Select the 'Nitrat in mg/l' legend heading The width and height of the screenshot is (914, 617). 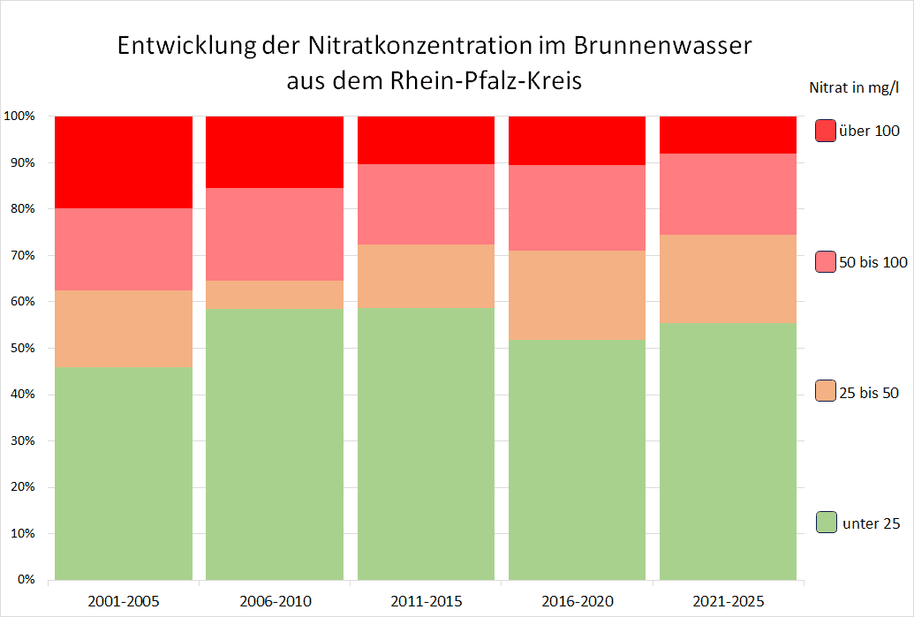854,87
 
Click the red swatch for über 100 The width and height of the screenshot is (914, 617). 826,131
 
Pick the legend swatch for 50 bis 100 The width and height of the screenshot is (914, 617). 826,262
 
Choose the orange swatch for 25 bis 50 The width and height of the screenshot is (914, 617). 826,392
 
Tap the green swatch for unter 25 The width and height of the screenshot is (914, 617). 826,523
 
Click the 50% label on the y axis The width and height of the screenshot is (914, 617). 21,349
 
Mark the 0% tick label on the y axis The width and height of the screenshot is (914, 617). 25,580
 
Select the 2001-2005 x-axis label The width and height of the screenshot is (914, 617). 123,602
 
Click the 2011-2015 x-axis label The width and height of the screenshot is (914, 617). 426,602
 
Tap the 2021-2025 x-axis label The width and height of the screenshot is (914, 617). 729,602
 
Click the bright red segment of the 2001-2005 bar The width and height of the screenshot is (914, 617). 124,162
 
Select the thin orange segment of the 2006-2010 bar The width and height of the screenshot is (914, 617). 275,294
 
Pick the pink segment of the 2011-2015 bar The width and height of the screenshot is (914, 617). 426,204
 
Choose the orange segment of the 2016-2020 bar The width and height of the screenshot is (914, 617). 577,295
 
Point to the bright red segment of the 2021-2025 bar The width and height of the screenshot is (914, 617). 729,134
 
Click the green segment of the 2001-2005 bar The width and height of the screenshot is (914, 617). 124,472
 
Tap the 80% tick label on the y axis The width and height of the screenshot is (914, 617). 21,209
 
